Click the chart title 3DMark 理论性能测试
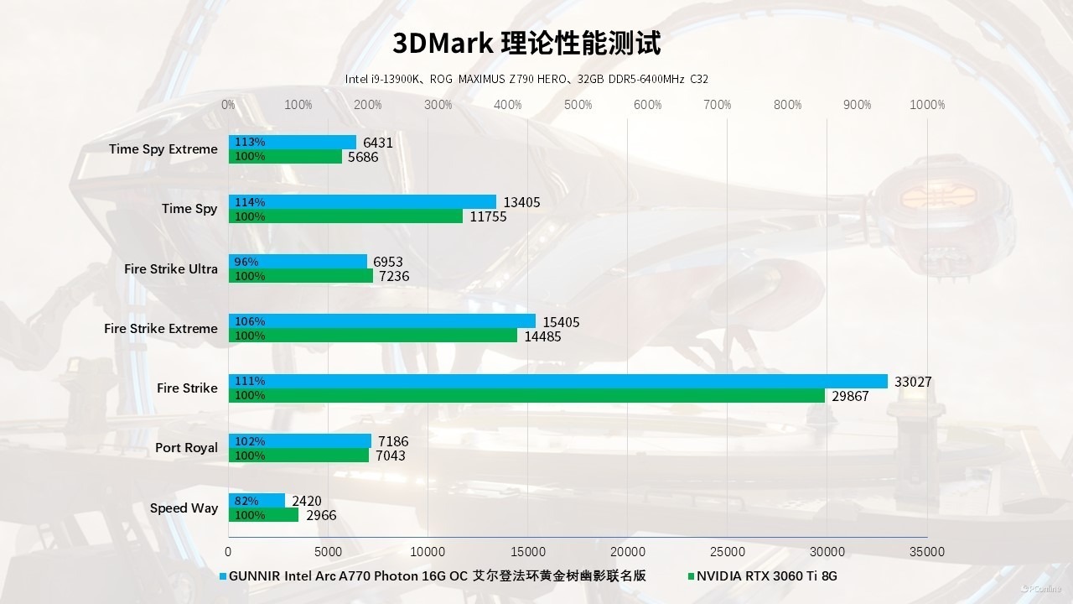click(x=526, y=43)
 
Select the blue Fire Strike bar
click(x=557, y=382)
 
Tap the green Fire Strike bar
click(x=526, y=396)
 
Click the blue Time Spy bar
click(x=362, y=202)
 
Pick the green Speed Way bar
click(x=263, y=515)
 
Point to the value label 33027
click(x=913, y=383)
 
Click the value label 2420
click(x=306, y=502)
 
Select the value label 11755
click(x=488, y=217)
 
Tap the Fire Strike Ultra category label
click(x=170, y=269)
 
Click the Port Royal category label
click(x=186, y=448)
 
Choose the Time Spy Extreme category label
click(x=163, y=149)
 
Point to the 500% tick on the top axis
click(x=578, y=105)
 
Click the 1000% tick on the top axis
click(x=927, y=105)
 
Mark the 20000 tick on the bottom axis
click(x=628, y=552)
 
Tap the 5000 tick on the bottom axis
click(x=328, y=552)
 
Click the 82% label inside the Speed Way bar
click(x=246, y=501)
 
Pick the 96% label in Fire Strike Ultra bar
click(x=246, y=262)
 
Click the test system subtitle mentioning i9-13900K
click(x=526, y=79)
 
